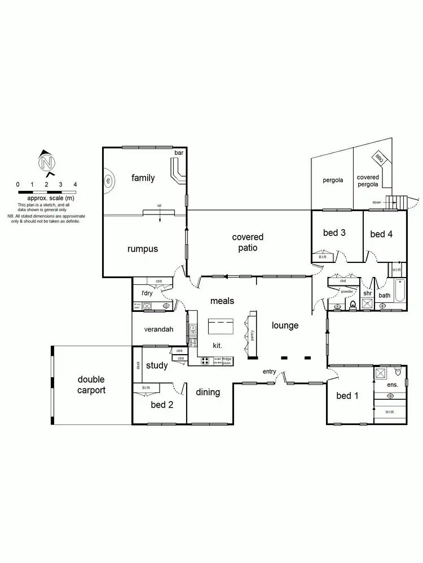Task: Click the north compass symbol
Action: coord(47,163)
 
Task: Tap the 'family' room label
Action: coord(143,178)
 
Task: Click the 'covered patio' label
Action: coord(248,242)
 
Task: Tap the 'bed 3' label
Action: coord(334,233)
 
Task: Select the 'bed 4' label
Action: coord(382,234)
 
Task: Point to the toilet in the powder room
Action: coord(354,305)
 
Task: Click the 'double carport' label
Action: coord(91,385)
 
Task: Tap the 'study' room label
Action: coord(157,365)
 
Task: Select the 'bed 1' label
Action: coord(347,396)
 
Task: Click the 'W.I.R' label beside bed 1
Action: coord(389,412)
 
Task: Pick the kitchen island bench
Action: coord(221,326)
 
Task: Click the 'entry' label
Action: coord(269,372)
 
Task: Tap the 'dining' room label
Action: coord(208,392)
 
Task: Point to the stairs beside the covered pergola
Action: coord(401,201)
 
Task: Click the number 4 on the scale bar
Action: coord(75,185)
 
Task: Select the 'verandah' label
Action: coord(158,330)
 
